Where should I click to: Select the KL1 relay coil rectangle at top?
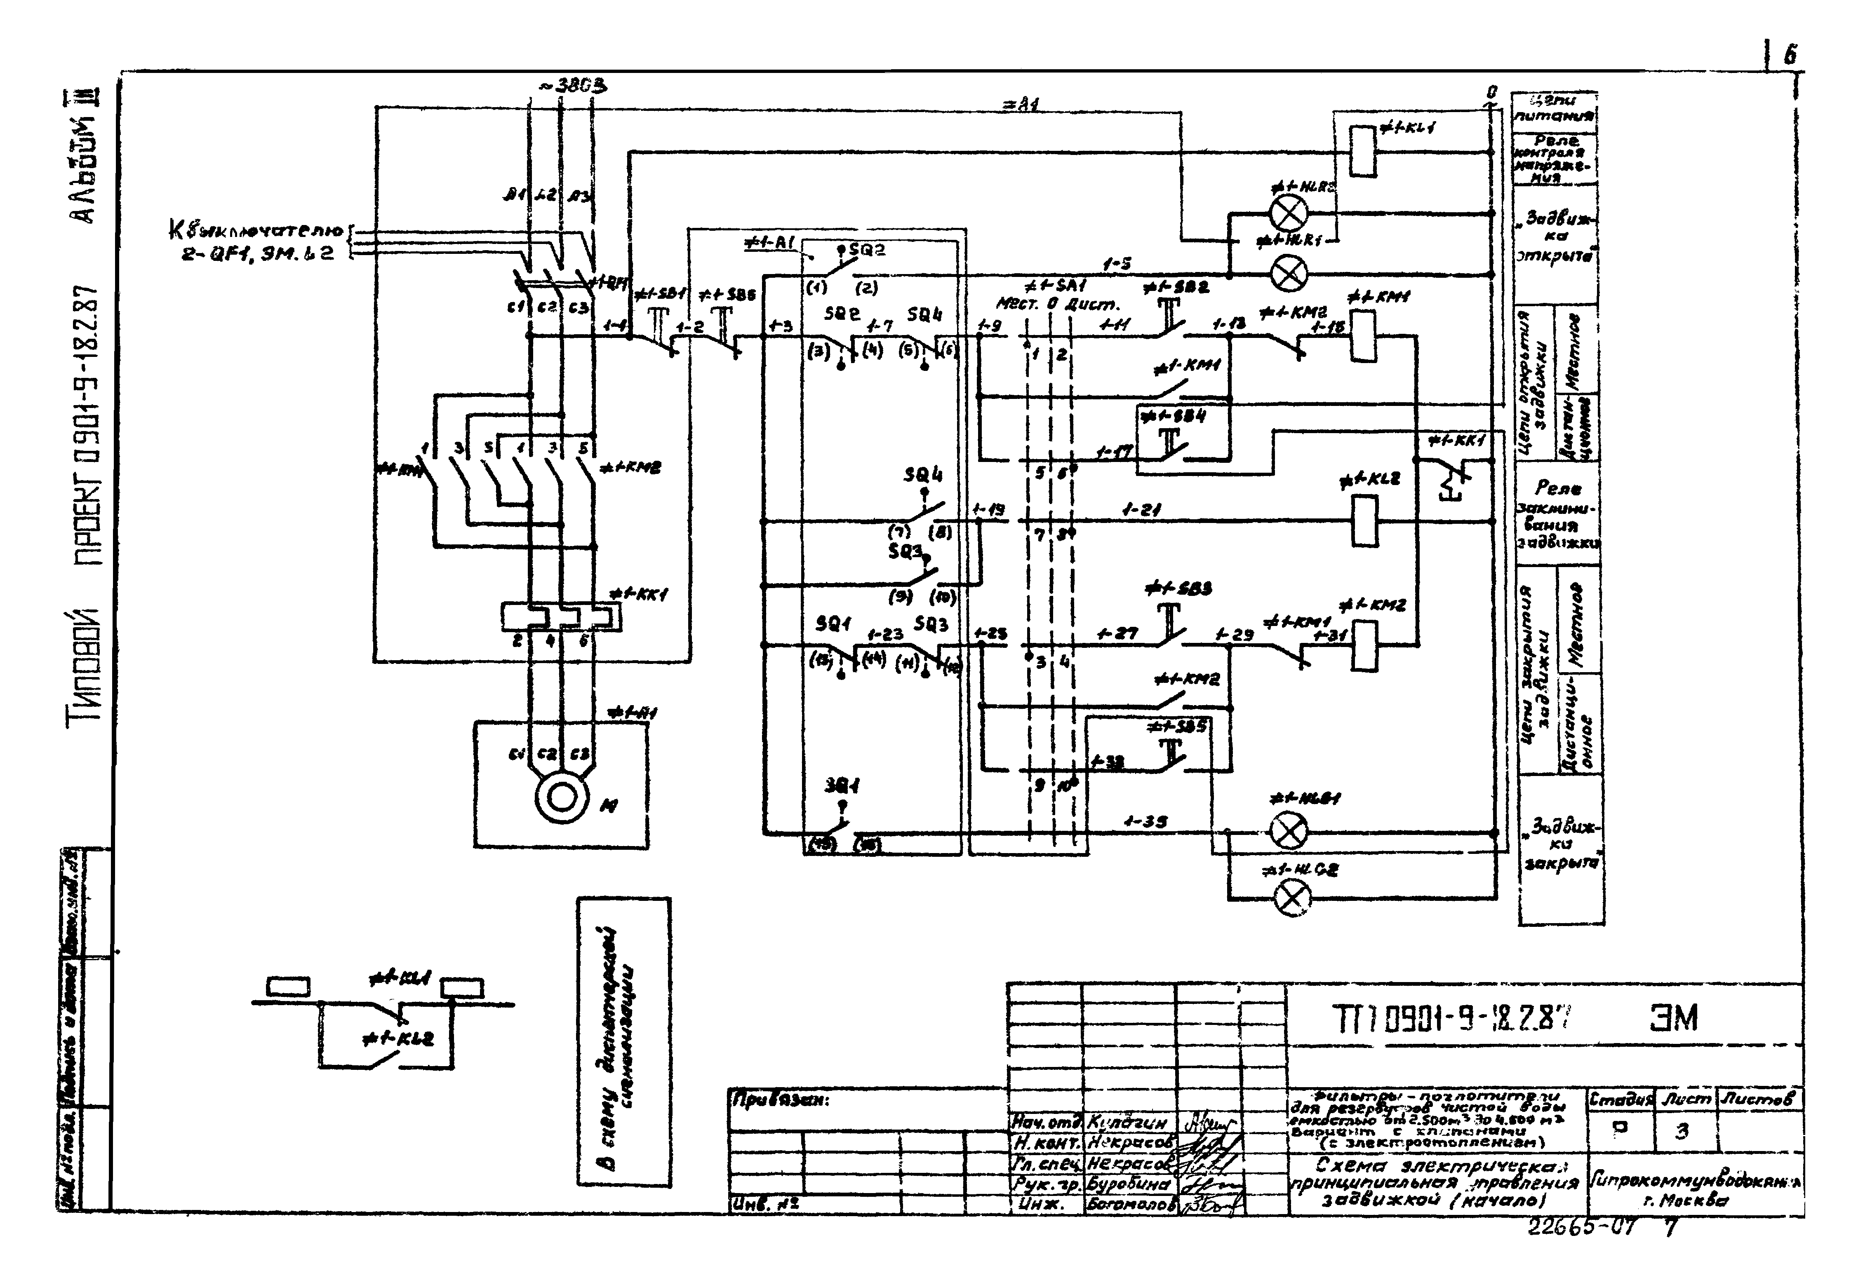click(x=1363, y=150)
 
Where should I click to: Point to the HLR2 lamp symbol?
click(x=1288, y=213)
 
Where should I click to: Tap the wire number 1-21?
click(x=1141, y=510)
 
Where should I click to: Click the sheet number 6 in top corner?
click(x=1790, y=56)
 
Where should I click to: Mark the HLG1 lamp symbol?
click(x=1288, y=833)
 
